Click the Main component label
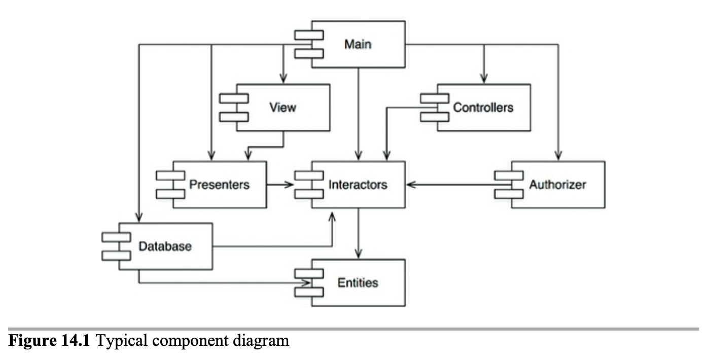tap(358, 44)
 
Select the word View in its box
tap(283, 107)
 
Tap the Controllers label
tap(483, 107)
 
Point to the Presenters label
tap(219, 184)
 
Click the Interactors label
tap(358, 184)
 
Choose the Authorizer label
tap(557, 184)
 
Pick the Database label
tap(165, 246)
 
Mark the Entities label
tap(358, 282)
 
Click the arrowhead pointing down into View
tap(283, 79)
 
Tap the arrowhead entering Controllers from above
tap(483, 79)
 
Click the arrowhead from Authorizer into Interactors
tap(411, 185)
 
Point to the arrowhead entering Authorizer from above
tap(558, 156)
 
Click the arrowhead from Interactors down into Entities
tap(359, 255)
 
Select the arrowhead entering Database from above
tap(137, 218)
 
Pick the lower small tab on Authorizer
tap(509, 194)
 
